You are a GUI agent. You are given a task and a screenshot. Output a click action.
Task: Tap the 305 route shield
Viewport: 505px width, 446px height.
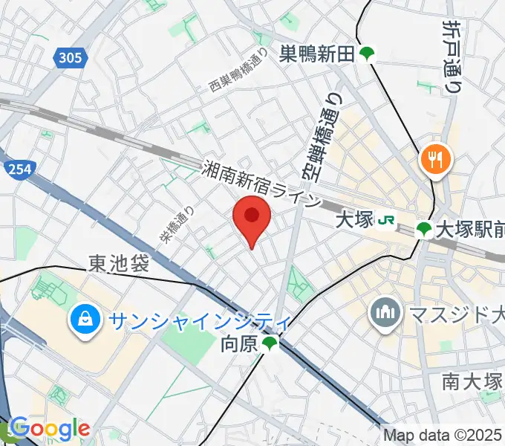[69, 56]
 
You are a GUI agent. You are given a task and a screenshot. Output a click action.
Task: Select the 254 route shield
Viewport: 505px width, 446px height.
[19, 169]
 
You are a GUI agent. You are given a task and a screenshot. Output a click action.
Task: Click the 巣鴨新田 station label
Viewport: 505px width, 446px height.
[318, 54]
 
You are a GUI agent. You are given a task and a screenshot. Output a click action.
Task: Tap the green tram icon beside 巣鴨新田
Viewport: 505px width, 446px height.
[366, 54]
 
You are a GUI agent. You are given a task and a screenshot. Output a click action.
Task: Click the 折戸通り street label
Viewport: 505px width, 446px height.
[450, 56]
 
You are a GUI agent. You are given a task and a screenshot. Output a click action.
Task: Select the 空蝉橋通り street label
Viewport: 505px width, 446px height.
[312, 140]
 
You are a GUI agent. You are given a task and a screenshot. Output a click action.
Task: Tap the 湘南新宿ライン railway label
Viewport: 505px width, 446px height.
[263, 186]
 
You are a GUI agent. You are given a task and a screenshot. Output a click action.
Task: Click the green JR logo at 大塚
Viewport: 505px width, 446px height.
[386, 221]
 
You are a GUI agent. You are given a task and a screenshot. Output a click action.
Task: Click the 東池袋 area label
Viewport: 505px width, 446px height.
[119, 263]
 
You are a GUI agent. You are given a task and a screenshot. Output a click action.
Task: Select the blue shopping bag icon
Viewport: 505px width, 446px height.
[81, 320]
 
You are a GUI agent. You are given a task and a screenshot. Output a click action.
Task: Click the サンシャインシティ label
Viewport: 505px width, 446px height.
[190, 321]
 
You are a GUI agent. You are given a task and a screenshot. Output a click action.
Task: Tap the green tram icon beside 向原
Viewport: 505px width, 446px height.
[270, 343]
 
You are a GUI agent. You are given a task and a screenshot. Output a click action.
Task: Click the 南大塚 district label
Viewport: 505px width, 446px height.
[472, 382]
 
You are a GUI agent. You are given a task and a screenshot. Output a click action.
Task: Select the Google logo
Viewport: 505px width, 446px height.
[50, 429]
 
